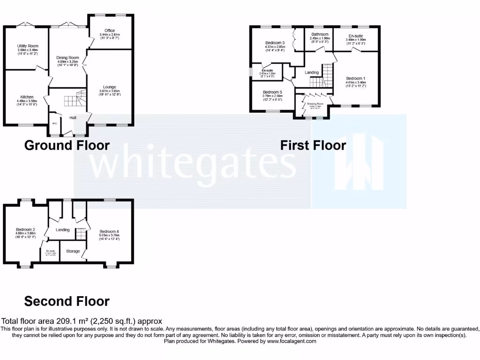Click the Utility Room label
click(27, 46)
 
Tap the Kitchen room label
click(27, 97)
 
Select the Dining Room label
click(67, 58)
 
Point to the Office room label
click(110, 31)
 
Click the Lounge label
click(110, 87)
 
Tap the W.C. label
click(55, 124)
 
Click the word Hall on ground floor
click(74, 118)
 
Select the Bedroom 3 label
click(275, 43)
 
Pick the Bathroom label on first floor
click(319, 34)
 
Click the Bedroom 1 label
click(356, 78)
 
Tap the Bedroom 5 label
click(272, 92)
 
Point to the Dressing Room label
click(315, 104)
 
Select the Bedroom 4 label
click(109, 232)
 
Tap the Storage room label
click(73, 252)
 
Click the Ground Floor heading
click(67, 145)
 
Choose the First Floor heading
click(313, 145)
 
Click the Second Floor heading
click(67, 301)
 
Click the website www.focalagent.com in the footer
click(292, 341)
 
